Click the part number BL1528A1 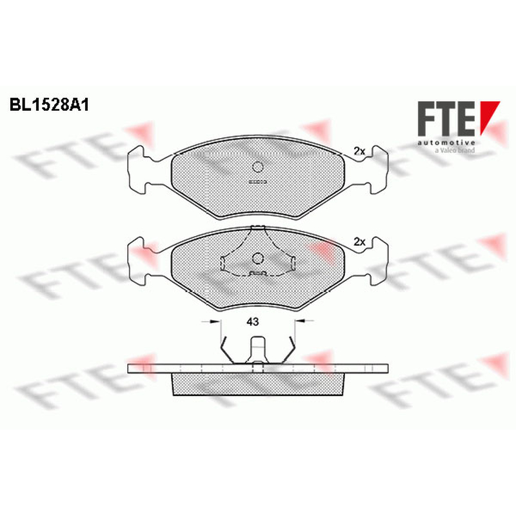pyautogui.click(x=50, y=105)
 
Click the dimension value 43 pyautogui.click(x=252, y=321)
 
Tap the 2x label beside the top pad pyautogui.click(x=359, y=151)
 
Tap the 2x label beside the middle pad pyautogui.click(x=359, y=242)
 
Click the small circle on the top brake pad pyautogui.click(x=257, y=167)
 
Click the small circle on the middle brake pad pyautogui.click(x=257, y=258)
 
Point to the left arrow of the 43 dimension pyautogui.click(x=211, y=321)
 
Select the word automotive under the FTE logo pyautogui.click(x=446, y=143)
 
